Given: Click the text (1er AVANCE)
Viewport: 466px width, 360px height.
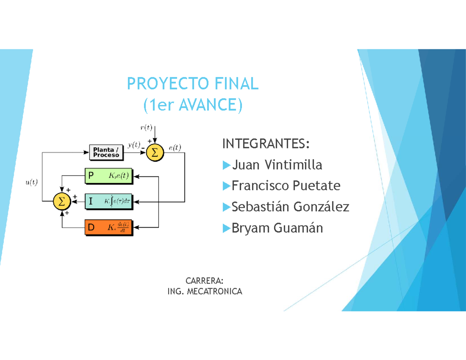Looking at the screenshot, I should (x=192, y=105).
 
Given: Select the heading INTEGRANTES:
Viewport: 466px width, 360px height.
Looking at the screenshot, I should (x=266, y=144).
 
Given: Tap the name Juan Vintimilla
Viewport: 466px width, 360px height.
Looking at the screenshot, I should (x=277, y=165).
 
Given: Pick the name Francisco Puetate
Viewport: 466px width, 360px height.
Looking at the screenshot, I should (x=286, y=186).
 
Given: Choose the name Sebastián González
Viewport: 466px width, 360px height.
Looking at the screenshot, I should (x=290, y=207).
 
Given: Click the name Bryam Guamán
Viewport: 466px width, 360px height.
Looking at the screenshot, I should (x=277, y=228).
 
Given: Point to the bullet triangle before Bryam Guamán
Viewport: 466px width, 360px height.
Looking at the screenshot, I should (x=226, y=228).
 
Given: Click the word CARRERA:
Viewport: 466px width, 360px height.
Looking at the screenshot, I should (x=204, y=281).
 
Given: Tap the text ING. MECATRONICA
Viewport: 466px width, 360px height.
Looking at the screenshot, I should (x=204, y=292).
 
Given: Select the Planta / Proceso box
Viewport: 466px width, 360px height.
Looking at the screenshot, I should (x=106, y=153).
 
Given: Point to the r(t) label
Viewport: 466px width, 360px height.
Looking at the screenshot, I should (x=146, y=127).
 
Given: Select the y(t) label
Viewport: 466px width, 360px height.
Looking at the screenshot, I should (x=134, y=145).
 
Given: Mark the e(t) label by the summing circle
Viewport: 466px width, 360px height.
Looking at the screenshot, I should (x=176, y=147).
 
